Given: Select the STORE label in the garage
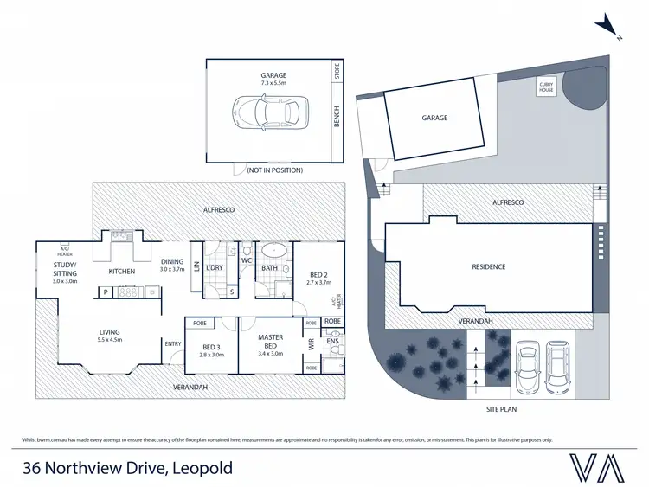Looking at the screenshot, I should pyautogui.click(x=337, y=73).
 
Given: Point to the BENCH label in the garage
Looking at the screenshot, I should pyautogui.click(x=337, y=117).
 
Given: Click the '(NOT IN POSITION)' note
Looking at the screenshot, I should pyautogui.click(x=274, y=171).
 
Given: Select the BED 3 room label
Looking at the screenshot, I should pyautogui.click(x=211, y=349).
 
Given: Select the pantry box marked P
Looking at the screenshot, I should pyautogui.click(x=106, y=292).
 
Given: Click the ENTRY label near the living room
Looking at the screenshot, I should pyautogui.click(x=173, y=343).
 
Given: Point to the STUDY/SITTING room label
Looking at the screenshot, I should pyautogui.click(x=65, y=272).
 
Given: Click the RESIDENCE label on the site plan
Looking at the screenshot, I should pyautogui.click(x=490, y=266).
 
